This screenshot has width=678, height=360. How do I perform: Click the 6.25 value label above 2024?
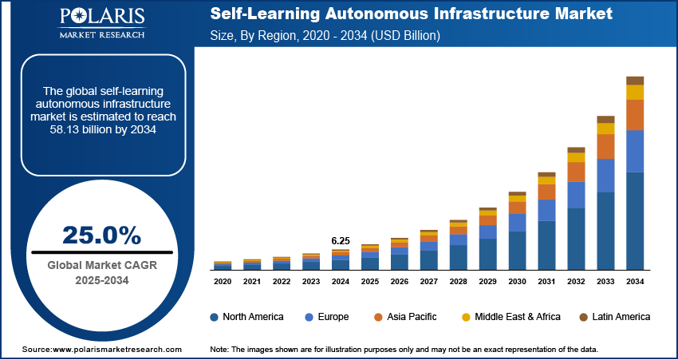341,240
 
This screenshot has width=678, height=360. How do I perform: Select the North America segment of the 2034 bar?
635,220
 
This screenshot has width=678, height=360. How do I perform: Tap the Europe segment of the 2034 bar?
635,151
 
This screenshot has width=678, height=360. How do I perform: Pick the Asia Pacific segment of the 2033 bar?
605,146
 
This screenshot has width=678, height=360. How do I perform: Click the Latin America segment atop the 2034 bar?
635,80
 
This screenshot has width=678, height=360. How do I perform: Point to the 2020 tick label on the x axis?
223,282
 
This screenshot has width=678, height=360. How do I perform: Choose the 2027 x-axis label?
429,282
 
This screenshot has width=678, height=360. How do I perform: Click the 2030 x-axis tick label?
518,282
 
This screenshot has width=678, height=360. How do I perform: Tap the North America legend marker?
215,317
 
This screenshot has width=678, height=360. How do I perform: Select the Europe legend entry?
326,317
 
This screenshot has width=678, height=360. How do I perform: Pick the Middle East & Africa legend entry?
510,317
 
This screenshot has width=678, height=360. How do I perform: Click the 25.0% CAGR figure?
101,235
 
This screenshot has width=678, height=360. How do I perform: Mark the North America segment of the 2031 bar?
546,245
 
